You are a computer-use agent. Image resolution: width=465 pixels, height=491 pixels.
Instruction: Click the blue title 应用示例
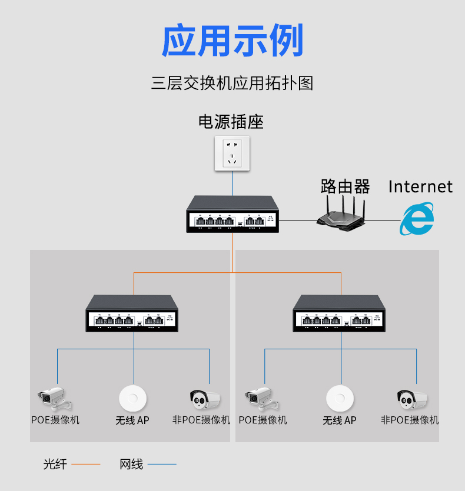pyautogui.click(x=232, y=41)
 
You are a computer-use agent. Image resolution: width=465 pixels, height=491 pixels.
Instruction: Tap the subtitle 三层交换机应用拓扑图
pyautogui.click(x=232, y=83)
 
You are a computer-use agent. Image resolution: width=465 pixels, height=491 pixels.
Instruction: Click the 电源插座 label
pyautogui.click(x=231, y=122)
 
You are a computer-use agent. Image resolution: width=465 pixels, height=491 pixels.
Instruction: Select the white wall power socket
pyautogui.click(x=232, y=153)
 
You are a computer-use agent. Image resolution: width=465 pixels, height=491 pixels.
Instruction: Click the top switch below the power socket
pyautogui.click(x=233, y=215)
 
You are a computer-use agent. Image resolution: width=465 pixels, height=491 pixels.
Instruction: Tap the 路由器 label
pyautogui.click(x=345, y=186)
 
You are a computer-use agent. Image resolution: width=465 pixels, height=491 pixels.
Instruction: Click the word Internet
pyautogui.click(x=420, y=187)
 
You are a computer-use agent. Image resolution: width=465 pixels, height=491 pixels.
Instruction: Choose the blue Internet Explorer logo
pyautogui.click(x=417, y=219)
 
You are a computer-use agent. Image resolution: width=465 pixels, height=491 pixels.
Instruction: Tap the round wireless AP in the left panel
pyautogui.click(x=132, y=398)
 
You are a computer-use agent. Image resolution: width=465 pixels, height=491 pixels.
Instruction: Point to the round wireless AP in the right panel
pyautogui.click(x=340, y=398)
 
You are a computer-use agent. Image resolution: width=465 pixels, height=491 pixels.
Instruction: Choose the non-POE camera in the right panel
pyautogui.click(x=411, y=399)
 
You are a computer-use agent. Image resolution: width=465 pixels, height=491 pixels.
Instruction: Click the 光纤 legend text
pyautogui.click(x=55, y=464)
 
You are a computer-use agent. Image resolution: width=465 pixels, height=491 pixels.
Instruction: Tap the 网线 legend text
pyautogui.click(x=131, y=464)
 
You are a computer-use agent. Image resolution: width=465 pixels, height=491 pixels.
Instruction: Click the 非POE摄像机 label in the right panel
pyautogui.click(x=410, y=420)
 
